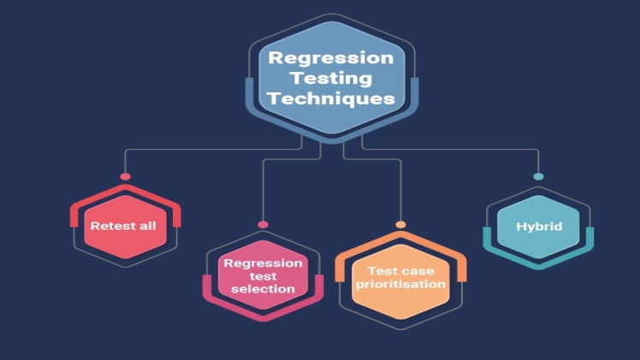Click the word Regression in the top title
coord(331,59)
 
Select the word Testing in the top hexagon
coord(331,79)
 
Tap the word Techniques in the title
coord(331,98)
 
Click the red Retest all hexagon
coord(125,227)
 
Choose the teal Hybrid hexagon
coord(538,227)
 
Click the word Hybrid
coord(538,227)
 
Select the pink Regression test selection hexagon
coord(263,275)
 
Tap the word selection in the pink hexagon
coord(263,289)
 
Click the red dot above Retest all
coord(125,177)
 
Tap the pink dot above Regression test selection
coord(263,224)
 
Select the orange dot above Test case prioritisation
coord(400,224)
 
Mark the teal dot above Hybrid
coord(538,177)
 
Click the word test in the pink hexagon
coord(263,276)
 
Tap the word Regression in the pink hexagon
coord(263,263)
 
